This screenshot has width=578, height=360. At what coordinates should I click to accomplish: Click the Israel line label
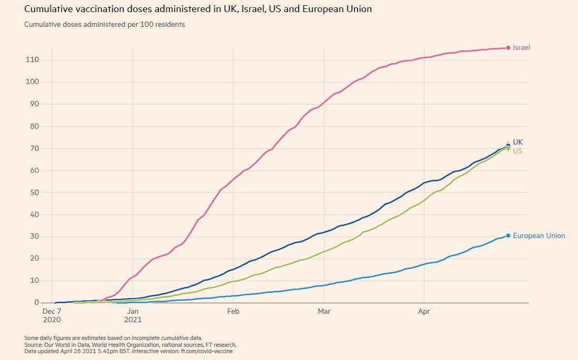pos(521,48)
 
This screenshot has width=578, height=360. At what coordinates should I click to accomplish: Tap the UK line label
pos(518,142)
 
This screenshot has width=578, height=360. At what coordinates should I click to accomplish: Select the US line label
pos(518,151)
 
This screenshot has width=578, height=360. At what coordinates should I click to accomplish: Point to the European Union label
pos(539,236)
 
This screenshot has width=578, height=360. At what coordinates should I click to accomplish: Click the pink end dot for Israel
pos(508,48)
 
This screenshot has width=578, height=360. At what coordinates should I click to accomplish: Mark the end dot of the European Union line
pos(508,235)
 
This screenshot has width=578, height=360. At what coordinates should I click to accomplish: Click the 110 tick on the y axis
pos(32,60)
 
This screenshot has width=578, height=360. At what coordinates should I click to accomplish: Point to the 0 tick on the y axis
pos(36,303)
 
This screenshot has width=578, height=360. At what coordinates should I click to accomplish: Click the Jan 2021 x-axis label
pos(133,315)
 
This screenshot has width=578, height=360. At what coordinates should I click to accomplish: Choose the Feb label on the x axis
pos(233,312)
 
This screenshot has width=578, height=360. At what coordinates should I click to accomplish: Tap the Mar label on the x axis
pos(325,312)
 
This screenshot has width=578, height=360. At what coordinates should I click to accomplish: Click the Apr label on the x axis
pos(423,312)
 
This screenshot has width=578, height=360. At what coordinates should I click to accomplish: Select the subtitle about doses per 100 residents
pos(104,24)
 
